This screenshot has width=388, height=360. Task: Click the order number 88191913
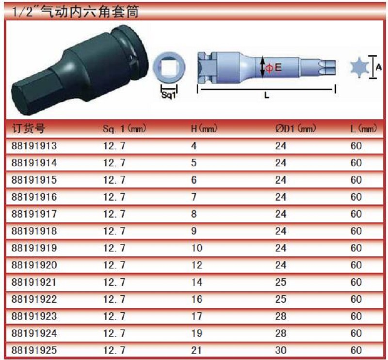pos(34,146)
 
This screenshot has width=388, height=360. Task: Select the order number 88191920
pos(34,265)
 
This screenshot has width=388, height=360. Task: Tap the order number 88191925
pos(34,350)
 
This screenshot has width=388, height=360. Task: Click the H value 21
pos(196,350)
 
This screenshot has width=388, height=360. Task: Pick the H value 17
pos(197,316)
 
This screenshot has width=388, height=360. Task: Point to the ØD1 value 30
pos(281,350)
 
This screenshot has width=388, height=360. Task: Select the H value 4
pos(194,146)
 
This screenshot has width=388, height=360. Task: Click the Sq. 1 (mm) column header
pos(125,128)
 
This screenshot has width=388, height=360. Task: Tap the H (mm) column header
pos(204,128)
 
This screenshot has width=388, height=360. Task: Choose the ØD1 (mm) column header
pos(296,128)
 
